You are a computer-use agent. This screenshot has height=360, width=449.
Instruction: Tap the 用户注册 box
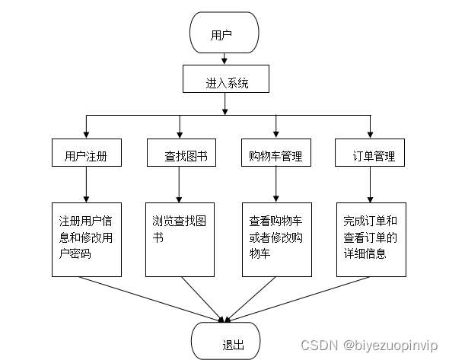tap(85, 156)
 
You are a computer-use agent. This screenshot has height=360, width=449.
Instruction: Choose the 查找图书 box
tap(179, 156)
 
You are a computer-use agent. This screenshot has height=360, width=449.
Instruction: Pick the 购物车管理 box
tap(275, 156)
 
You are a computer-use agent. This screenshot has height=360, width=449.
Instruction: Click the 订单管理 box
tap(370, 156)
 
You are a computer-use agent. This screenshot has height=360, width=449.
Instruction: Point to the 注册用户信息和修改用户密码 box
tap(85, 239)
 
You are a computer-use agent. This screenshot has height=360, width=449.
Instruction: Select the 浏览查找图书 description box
tap(179, 239)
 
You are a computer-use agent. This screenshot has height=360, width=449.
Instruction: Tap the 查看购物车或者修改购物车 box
tap(275, 239)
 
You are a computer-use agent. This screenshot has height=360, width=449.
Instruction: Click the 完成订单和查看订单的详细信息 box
tap(370, 239)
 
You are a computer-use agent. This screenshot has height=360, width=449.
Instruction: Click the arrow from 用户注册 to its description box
tap(85, 186)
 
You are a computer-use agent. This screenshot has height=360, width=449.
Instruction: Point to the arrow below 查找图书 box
tap(179, 186)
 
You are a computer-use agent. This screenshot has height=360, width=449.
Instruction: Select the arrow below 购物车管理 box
tap(275, 186)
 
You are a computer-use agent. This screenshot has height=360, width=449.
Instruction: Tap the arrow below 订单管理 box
tap(370, 186)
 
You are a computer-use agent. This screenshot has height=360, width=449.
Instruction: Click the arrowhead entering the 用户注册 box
tap(85, 135)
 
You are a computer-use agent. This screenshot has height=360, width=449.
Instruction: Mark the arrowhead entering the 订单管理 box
tap(370, 135)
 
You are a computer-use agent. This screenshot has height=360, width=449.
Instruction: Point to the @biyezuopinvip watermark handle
tap(390, 345)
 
